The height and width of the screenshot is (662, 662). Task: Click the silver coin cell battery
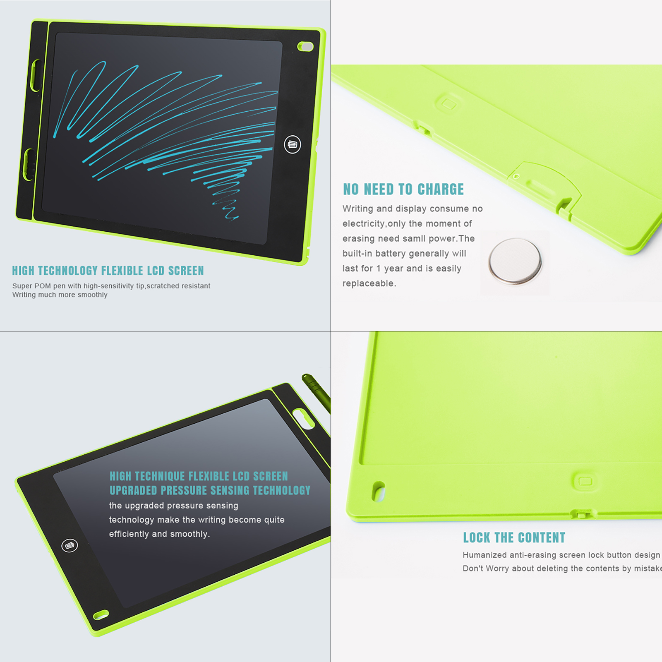coord(515,261)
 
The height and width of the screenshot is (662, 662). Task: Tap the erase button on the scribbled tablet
coord(293,144)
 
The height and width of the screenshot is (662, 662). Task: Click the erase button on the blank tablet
coord(70,545)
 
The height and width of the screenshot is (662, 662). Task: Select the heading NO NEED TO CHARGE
coord(403,189)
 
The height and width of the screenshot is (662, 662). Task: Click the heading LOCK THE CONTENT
coord(514,537)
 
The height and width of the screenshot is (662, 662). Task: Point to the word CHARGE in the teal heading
coord(441,189)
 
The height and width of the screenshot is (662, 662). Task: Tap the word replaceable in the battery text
coord(368,283)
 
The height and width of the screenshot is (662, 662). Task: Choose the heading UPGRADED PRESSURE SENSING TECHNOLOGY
coord(210,490)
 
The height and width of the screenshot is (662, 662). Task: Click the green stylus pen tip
coord(305,377)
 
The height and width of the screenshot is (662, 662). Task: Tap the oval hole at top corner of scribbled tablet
coord(306,46)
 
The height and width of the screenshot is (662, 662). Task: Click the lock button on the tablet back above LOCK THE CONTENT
coord(585,481)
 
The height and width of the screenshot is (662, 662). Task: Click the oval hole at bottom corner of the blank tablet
coord(101,615)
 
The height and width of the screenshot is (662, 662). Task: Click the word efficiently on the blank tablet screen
coord(129,534)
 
